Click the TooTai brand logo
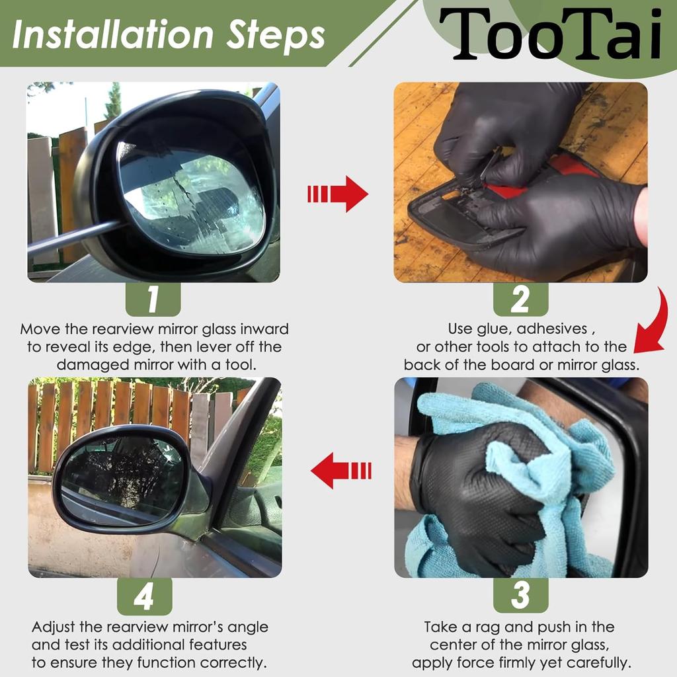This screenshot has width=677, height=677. pos(550,34)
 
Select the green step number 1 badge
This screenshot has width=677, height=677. pos(153,299)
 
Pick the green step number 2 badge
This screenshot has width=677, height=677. pos(520,299)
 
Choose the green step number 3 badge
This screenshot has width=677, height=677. pos(520,596)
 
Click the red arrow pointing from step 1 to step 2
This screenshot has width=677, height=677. pos(338,194)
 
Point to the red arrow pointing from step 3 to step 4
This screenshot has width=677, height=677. pos(340,470)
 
